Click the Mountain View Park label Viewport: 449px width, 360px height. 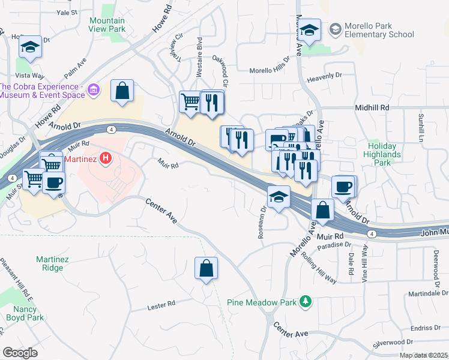[107, 24]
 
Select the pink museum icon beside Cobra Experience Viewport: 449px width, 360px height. [93, 91]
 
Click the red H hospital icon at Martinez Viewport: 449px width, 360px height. [106, 159]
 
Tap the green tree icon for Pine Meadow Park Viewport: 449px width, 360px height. [306, 301]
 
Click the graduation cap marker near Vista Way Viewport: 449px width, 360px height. [29, 47]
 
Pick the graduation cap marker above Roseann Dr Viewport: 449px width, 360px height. [279, 197]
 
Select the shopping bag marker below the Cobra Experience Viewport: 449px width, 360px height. [122, 92]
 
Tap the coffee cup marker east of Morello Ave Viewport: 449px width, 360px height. [343, 187]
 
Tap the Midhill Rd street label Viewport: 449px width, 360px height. [372, 107]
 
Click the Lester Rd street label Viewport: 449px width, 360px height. [161, 307]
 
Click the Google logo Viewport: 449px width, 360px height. [20, 353]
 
